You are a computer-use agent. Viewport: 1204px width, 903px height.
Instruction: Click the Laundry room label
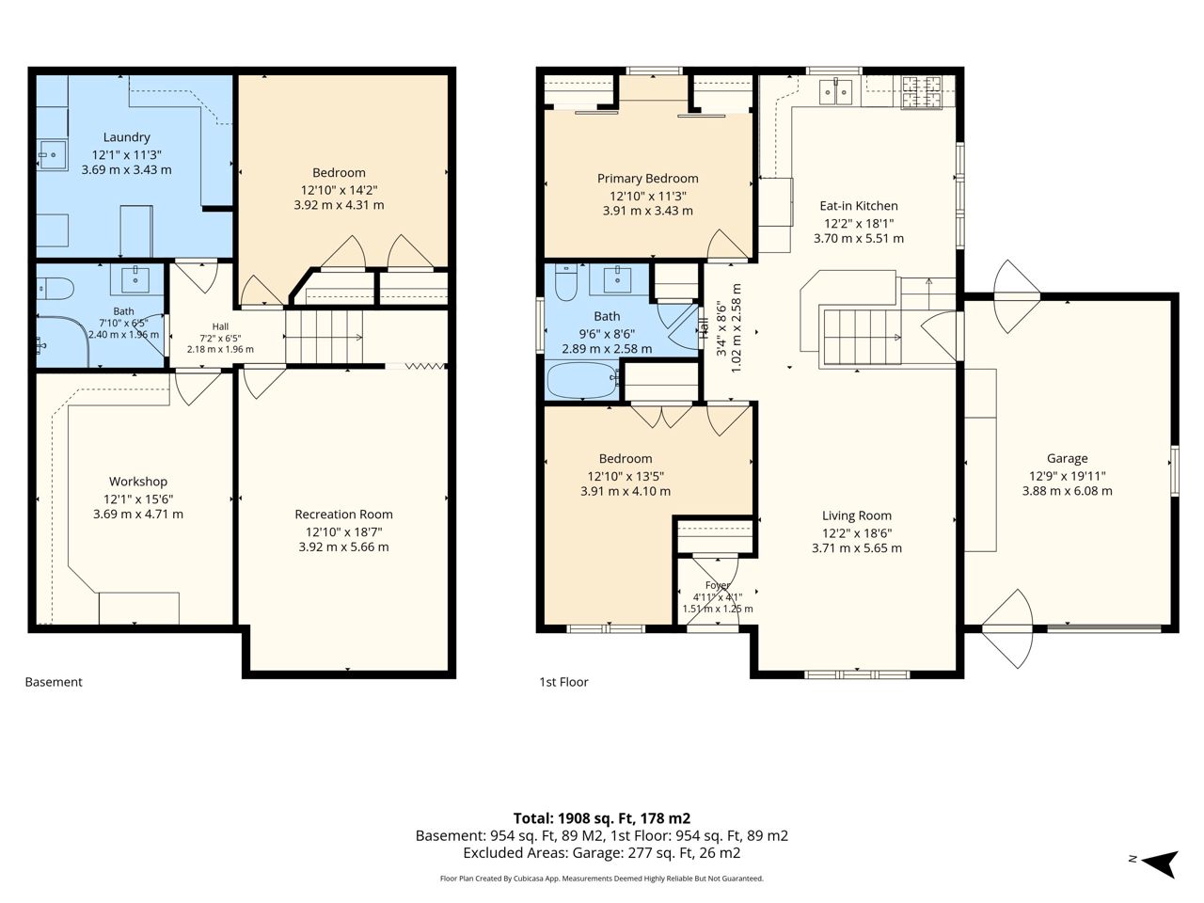click(x=126, y=137)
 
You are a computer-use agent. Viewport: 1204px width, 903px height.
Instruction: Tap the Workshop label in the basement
click(x=137, y=482)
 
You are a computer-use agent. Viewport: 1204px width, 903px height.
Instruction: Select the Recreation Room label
click(x=344, y=515)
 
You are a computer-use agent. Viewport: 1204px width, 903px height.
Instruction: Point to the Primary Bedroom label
click(x=648, y=179)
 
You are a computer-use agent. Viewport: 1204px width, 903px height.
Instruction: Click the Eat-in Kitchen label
click(x=859, y=206)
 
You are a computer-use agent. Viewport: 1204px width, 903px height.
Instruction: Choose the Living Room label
click(x=857, y=515)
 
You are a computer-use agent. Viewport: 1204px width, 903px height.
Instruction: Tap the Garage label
click(x=1067, y=459)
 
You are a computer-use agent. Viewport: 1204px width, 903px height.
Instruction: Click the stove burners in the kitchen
click(x=922, y=91)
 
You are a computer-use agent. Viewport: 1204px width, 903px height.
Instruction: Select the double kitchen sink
click(x=836, y=91)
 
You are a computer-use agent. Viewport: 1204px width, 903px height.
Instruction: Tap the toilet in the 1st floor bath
click(x=566, y=282)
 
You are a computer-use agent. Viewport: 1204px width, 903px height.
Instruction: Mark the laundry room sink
click(x=52, y=155)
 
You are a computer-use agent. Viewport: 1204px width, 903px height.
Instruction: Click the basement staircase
click(x=325, y=337)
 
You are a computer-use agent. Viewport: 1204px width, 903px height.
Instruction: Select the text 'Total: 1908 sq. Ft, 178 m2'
click(x=602, y=818)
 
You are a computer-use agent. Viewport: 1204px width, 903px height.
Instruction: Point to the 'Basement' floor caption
click(x=54, y=682)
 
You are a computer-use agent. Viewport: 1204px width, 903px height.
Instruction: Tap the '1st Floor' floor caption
click(x=563, y=682)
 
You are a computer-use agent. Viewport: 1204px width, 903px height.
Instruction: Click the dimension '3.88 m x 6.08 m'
click(x=1067, y=491)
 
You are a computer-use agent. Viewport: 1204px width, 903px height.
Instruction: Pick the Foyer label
click(x=718, y=585)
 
